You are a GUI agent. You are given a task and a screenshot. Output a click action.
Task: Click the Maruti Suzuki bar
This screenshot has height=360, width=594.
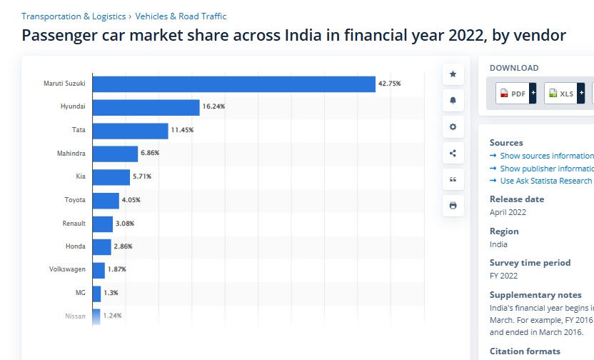coord(233,84)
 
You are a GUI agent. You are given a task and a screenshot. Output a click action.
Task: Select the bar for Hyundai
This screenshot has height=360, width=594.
coord(146,107)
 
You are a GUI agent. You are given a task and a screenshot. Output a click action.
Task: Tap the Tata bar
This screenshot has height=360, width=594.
coord(130,131)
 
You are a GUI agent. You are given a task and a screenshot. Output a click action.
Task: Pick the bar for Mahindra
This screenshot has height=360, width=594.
coord(115,154)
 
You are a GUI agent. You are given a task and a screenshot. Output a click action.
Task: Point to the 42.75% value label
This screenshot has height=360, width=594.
coord(389,84)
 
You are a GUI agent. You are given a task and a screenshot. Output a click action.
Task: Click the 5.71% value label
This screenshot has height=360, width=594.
coord(142,177)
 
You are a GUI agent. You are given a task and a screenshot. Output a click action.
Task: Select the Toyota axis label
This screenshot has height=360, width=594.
coord(75,200)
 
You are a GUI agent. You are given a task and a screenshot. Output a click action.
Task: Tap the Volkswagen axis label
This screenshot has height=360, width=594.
coord(67,269)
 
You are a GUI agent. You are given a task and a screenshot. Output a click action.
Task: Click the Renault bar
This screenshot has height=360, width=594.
coord(102,224)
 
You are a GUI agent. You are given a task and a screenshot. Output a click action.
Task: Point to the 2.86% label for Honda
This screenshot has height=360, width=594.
coord(123,246)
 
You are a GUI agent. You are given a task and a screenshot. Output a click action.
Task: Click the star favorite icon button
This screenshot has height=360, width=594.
coord(453,74)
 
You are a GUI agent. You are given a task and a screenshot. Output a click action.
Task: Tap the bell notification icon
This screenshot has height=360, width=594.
coord(453,101)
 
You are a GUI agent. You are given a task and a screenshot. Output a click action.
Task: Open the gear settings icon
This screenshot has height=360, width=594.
coord(453,127)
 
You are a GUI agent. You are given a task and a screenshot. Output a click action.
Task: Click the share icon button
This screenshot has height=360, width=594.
coord(453,153)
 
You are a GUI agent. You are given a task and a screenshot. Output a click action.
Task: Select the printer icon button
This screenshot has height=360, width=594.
coord(453,206)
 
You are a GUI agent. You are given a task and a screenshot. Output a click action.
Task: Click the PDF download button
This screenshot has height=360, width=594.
coord(513,94)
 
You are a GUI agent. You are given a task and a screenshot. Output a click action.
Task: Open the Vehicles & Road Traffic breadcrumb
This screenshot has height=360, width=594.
coord(181,16)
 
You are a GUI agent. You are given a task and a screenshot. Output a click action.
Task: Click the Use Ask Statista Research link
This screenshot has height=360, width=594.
coord(545,181)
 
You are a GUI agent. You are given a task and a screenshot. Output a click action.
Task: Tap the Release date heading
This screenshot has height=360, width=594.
coord(517,199)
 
